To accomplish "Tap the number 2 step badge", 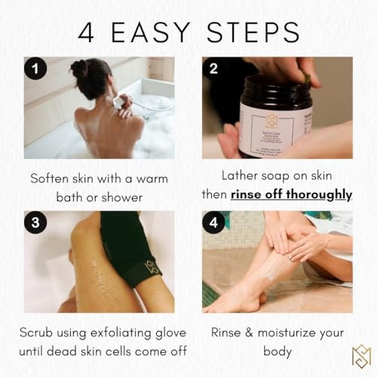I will pos(214,70).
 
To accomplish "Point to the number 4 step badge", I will pos(214,224).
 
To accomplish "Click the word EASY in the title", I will pos(162,31).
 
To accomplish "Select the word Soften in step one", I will pos(51,179).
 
